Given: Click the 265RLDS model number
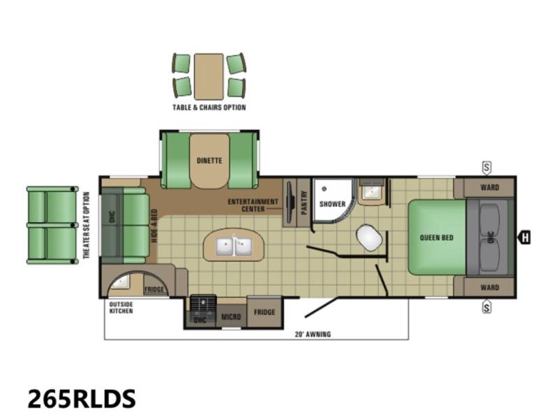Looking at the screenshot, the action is [x=82, y=398].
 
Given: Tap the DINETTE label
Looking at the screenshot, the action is [x=209, y=161].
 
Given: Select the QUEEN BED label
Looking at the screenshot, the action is [x=437, y=237].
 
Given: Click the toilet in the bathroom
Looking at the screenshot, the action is [x=370, y=237].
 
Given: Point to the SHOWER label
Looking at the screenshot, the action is [x=333, y=204].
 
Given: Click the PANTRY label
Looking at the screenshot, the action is [x=304, y=203].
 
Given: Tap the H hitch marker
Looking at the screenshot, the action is [x=525, y=237].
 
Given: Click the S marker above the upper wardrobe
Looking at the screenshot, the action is [x=486, y=168].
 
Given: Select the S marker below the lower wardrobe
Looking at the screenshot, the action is [x=486, y=307].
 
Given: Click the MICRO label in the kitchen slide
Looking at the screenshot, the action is [x=232, y=317].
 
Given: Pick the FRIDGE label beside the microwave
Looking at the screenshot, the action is [x=264, y=312].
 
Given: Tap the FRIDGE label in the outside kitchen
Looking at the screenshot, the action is [x=154, y=289].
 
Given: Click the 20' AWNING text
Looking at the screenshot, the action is [x=312, y=335].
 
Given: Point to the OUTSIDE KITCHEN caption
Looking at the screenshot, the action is [x=121, y=308].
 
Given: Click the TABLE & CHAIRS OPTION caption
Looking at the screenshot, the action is [x=209, y=108].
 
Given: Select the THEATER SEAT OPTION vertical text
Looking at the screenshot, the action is [x=86, y=225].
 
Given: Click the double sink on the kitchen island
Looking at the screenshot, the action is [x=234, y=245].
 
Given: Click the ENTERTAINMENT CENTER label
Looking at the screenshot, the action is [x=253, y=205].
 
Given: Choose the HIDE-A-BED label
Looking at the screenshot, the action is [x=154, y=226].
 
